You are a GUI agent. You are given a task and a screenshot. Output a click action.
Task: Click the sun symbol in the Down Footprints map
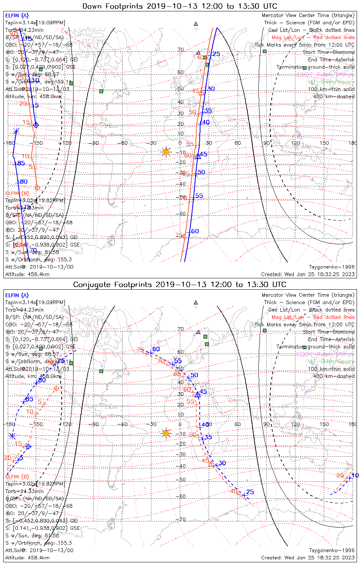[166, 152]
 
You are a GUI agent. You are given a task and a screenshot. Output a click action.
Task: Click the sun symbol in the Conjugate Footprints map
[166, 433]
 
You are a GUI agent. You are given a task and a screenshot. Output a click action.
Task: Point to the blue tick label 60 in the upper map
[195, 231]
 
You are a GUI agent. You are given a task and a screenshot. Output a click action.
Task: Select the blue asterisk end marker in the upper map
[16, 131]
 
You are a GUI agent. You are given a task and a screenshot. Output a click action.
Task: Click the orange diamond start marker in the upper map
[37, 187]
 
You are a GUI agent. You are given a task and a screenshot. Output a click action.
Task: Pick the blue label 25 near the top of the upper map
[216, 54]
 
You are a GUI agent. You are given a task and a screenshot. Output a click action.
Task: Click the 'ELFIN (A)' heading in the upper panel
[17, 16]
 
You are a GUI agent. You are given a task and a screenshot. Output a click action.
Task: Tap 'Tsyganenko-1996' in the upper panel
[332, 267]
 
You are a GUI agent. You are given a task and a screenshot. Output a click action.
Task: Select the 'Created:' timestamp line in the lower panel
[308, 557]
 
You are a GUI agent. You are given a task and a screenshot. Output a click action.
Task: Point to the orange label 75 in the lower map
[141, 350]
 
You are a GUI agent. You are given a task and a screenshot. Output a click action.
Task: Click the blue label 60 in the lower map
[156, 349]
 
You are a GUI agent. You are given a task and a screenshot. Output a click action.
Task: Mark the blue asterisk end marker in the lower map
[12, 436]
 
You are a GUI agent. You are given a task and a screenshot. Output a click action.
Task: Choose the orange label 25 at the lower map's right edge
[340, 476]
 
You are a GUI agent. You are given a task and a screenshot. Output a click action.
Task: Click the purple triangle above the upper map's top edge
[196, 23]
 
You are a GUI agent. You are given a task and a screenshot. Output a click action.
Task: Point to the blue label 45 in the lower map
[203, 392]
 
